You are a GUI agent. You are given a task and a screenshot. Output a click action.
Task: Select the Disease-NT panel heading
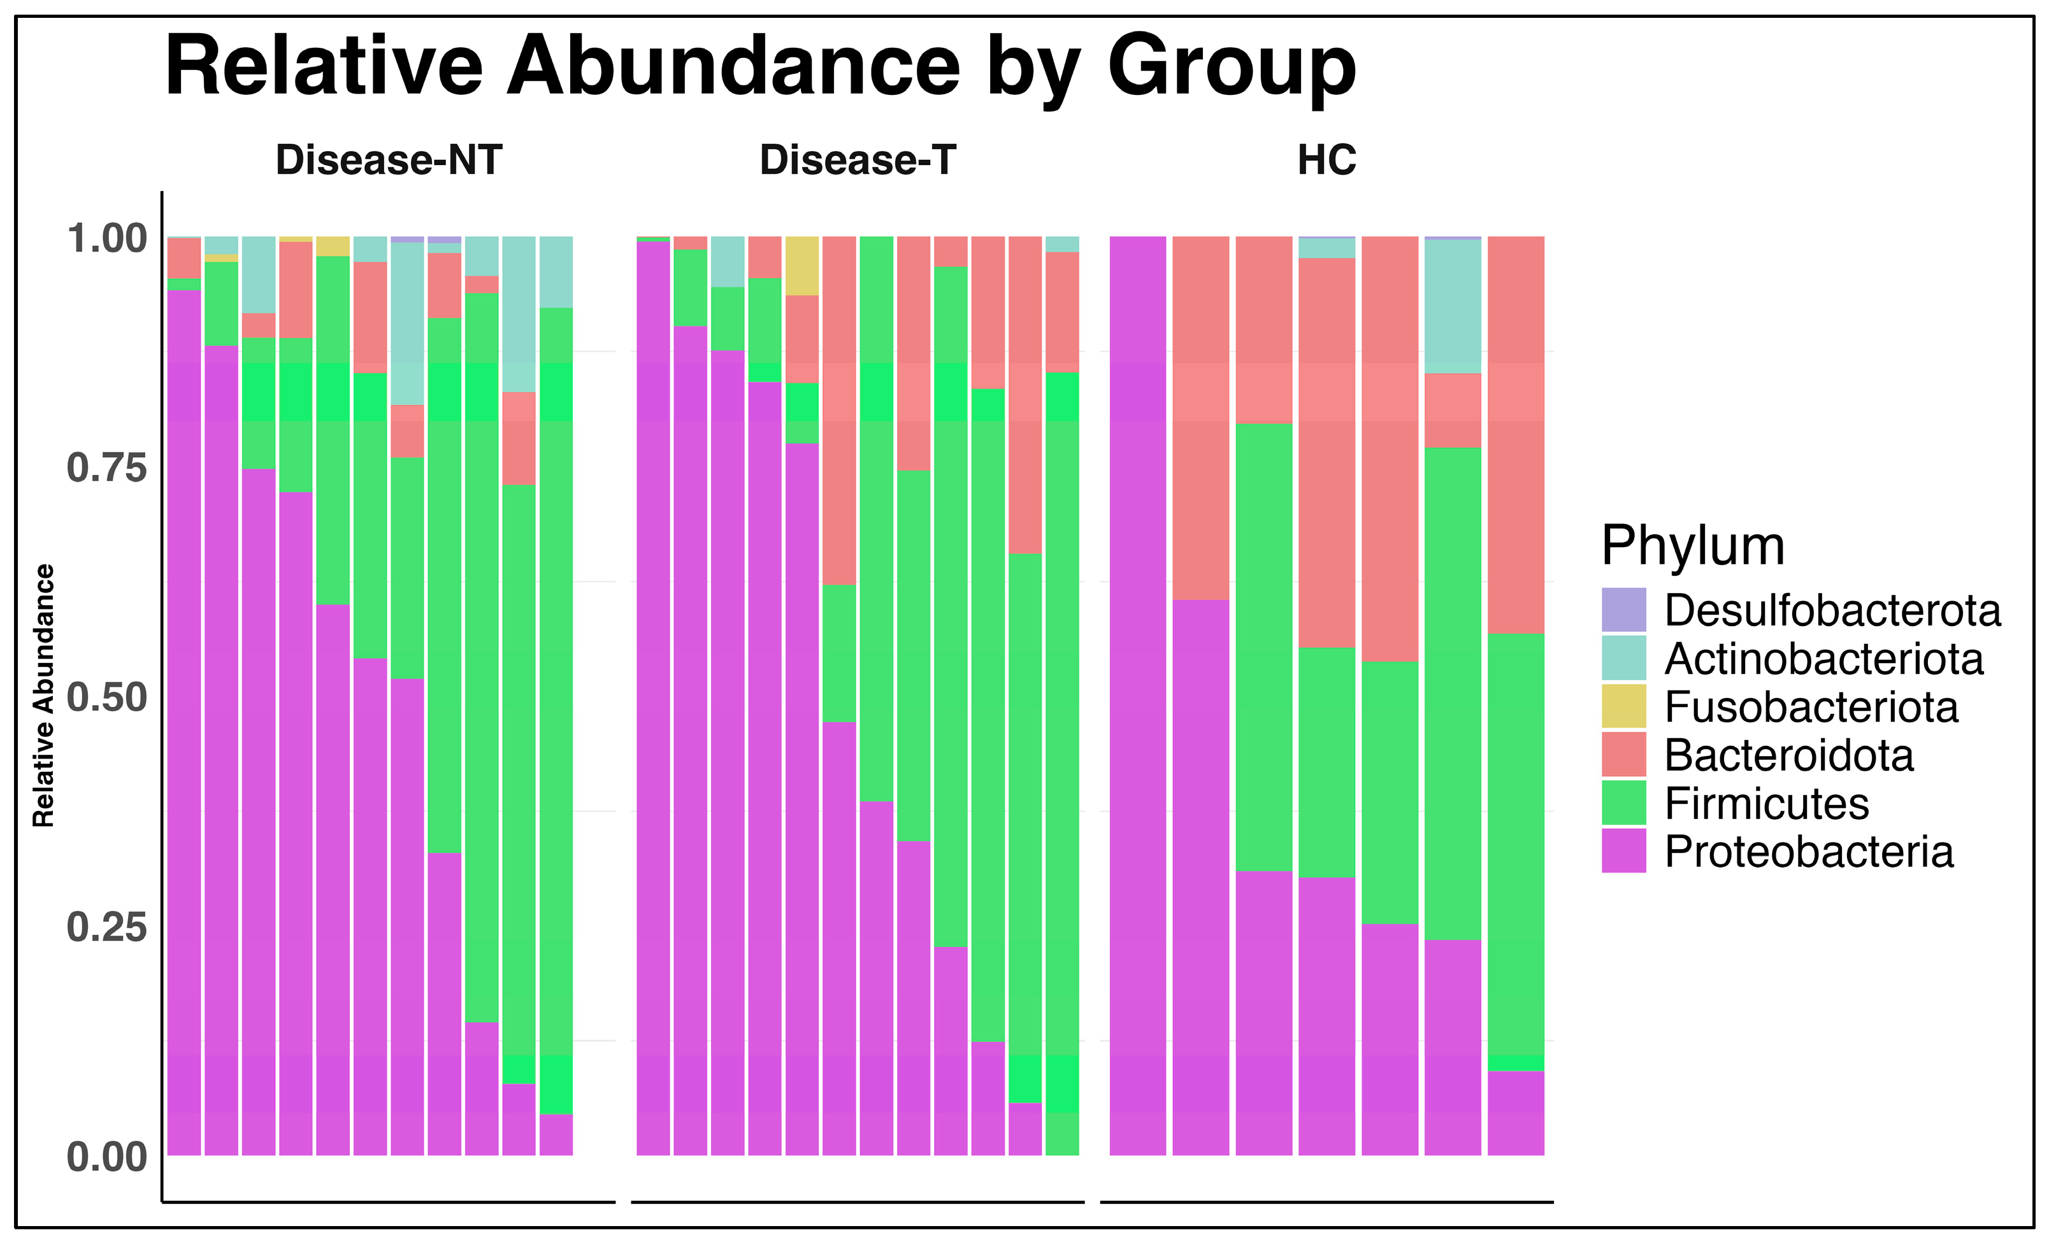click(389, 160)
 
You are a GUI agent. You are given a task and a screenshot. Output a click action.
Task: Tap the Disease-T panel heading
click(858, 160)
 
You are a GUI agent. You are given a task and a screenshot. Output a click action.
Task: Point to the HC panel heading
click(1326, 160)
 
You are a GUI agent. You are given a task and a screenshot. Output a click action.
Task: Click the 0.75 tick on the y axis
click(106, 468)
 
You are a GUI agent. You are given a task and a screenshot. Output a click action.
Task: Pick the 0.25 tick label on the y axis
click(106, 927)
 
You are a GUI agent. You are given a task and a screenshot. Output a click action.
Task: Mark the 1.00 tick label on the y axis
click(106, 239)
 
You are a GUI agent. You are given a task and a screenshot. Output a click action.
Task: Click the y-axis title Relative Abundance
click(43, 695)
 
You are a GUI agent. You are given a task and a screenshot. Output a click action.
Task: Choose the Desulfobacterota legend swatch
click(1623, 610)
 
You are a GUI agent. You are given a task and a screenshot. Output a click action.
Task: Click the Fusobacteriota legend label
click(1811, 708)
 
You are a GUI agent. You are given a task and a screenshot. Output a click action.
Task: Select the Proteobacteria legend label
click(1809, 852)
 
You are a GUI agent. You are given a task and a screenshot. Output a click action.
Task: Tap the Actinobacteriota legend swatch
click(1623, 659)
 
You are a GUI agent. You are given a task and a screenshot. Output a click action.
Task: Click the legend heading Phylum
click(1693, 546)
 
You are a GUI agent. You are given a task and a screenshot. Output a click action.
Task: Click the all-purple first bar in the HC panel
click(1138, 695)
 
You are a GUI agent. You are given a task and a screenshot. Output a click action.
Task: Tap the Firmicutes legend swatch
click(1623, 803)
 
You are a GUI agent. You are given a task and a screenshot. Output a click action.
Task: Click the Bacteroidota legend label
click(1788, 755)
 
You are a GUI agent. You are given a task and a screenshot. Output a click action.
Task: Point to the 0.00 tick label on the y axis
click(106, 1157)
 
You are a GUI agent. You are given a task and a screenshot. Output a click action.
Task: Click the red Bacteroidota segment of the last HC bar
click(1515, 435)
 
